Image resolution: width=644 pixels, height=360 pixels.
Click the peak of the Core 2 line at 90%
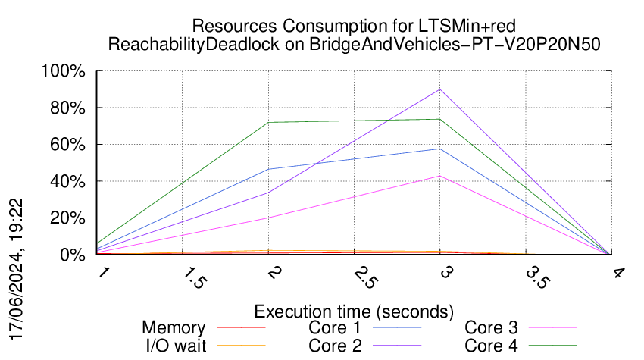(x=440, y=89)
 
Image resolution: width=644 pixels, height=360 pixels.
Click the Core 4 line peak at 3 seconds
(x=440, y=119)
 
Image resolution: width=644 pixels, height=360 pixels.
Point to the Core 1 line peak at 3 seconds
(x=440, y=149)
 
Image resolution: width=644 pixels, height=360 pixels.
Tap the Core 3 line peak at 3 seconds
(x=440, y=176)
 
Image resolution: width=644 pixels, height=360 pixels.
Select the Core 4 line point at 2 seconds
(x=269, y=122)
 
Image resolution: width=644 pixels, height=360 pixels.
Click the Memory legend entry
(x=174, y=328)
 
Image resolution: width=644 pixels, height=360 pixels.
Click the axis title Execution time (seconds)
(x=354, y=311)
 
